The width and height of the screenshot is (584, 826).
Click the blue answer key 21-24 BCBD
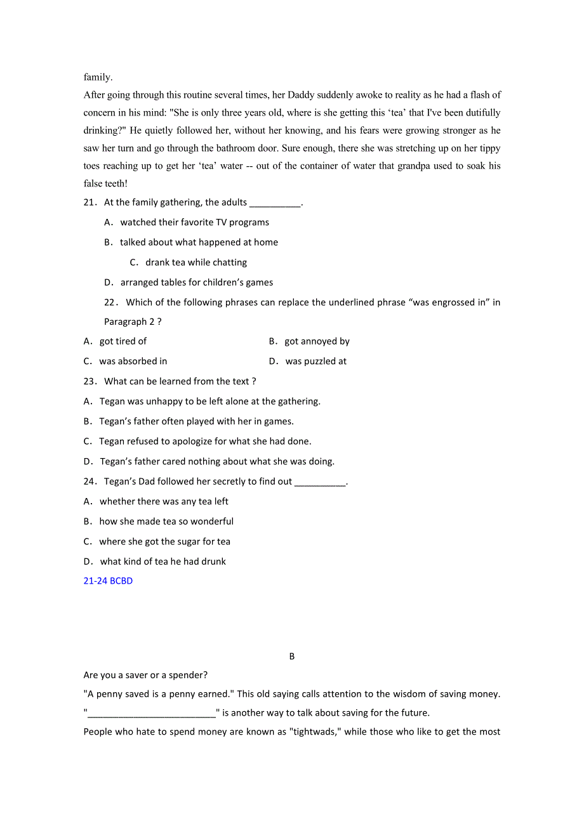(108, 580)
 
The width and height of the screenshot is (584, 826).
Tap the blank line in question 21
(275, 204)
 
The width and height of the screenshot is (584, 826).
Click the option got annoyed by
(317, 341)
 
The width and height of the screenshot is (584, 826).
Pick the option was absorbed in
(133, 361)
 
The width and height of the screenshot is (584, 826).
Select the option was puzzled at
(315, 361)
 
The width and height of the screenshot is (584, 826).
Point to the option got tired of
(123, 341)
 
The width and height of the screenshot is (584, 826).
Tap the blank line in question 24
(321, 483)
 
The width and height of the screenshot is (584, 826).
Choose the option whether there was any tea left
(163, 501)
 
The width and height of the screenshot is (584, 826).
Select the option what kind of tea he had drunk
(163, 561)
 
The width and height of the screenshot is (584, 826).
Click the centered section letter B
(292, 657)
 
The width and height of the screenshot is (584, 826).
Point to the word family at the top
(98, 77)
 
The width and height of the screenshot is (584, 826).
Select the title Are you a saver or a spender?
(145, 675)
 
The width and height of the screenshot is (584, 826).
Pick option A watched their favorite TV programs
(194, 222)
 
